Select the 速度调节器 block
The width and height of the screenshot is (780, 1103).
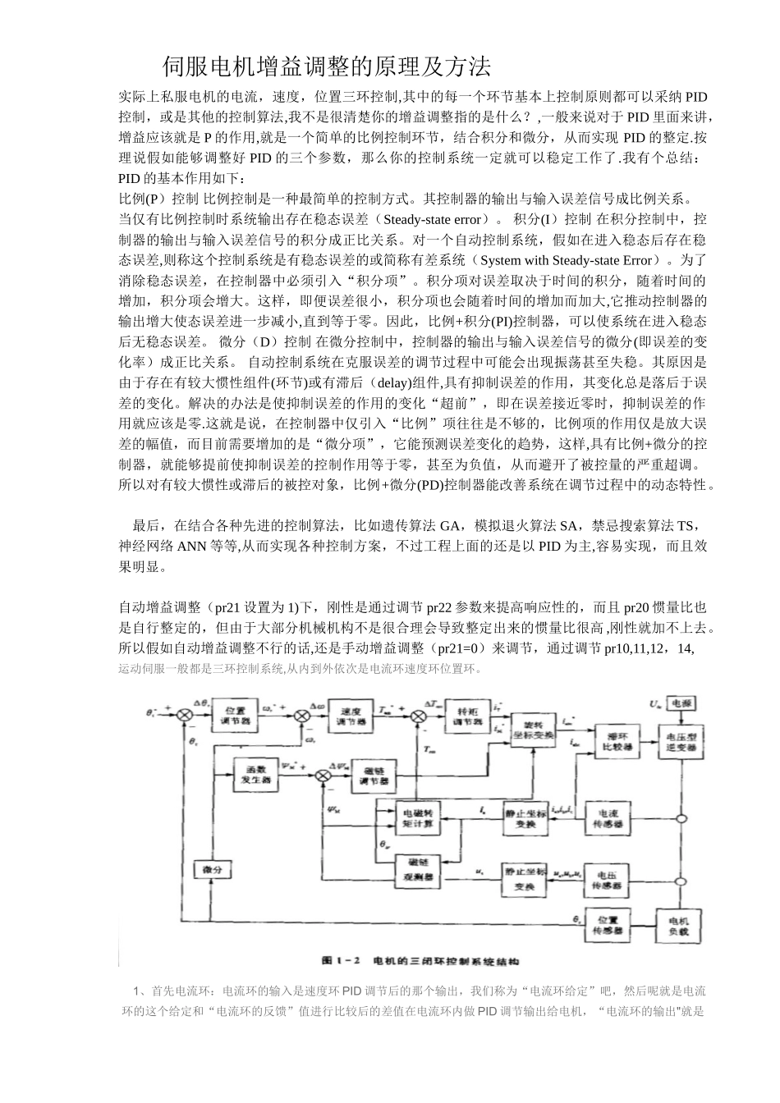[351, 716]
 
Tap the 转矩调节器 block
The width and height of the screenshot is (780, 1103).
[468, 716]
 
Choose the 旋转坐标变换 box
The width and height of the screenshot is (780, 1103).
[533, 730]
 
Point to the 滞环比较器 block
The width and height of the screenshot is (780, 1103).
[612, 741]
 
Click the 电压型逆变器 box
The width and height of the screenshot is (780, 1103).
[681, 742]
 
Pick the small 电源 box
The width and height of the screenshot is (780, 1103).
[681, 704]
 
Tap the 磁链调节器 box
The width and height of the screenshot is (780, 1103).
[373, 776]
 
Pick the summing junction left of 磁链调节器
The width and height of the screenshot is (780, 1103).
[319, 776]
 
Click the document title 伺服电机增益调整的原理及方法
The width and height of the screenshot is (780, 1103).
[327, 65]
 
